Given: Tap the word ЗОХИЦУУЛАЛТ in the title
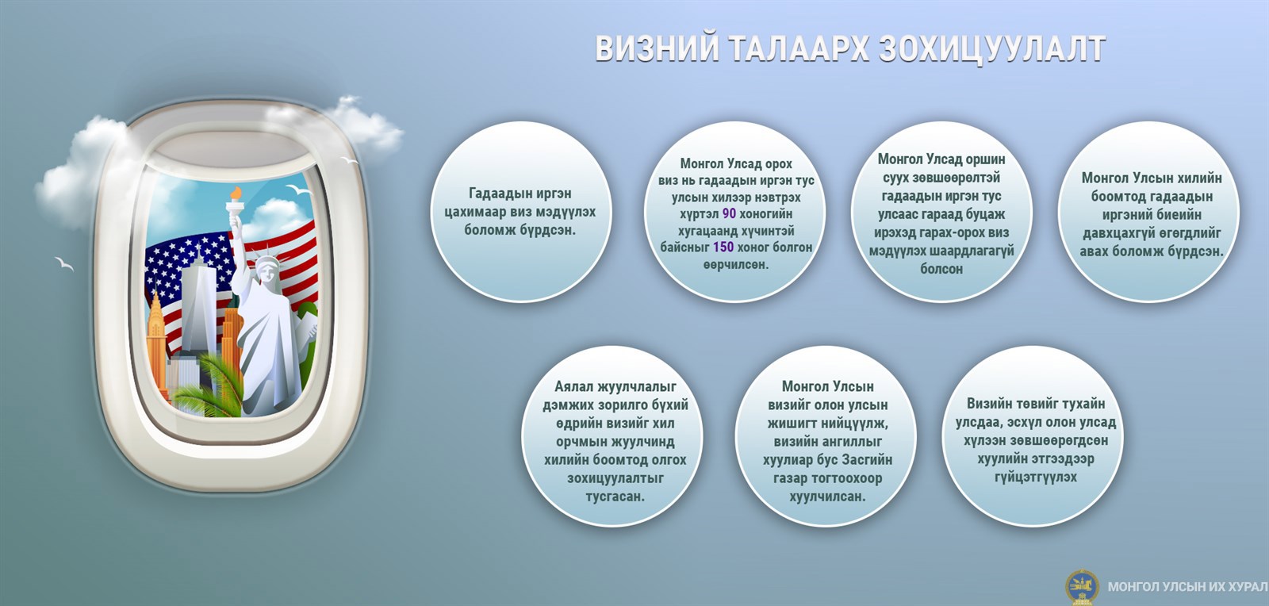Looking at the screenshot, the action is point(992,48).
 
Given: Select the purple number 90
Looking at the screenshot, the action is point(729,213).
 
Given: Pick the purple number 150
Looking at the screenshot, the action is point(723,247).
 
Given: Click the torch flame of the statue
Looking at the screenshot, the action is point(235,194).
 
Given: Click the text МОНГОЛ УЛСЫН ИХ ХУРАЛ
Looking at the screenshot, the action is point(1187,587).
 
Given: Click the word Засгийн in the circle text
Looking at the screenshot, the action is point(867,459).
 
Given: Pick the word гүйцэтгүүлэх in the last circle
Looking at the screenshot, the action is point(1036,478).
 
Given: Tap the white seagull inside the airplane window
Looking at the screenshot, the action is point(298,190).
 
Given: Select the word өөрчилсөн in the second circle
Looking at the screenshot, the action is point(736,264).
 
